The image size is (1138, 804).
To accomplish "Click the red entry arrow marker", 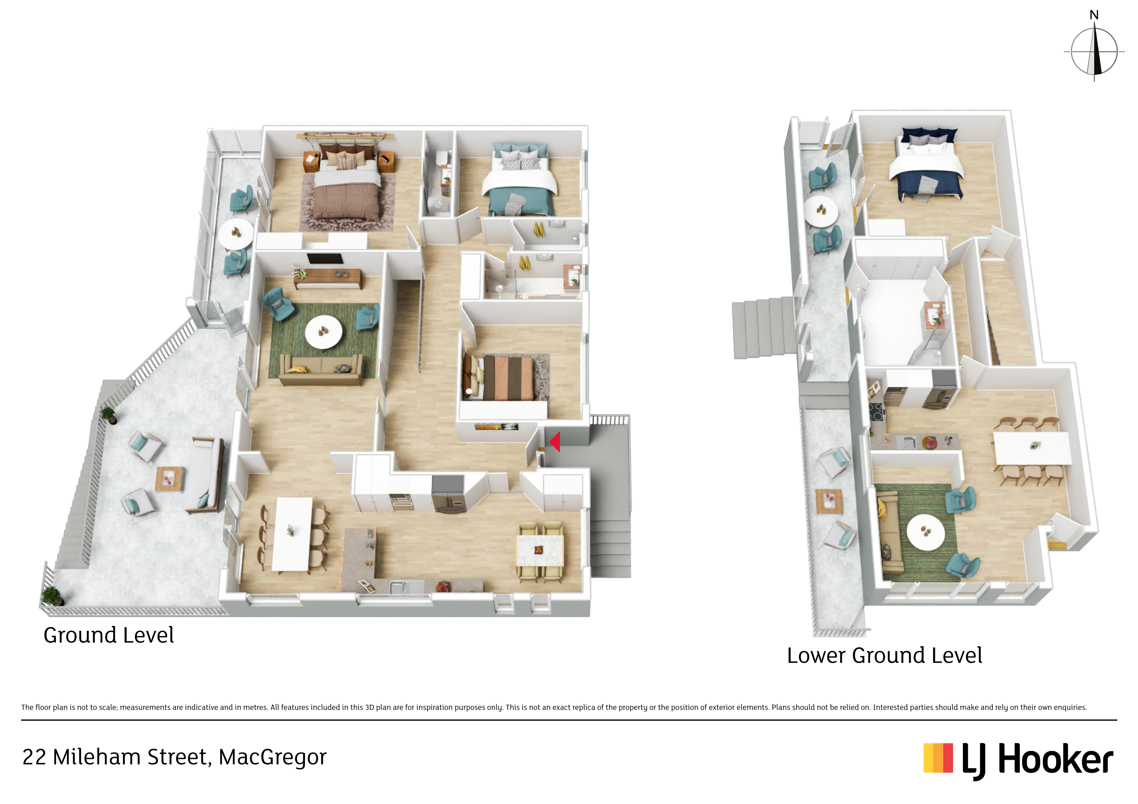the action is pos(555,441).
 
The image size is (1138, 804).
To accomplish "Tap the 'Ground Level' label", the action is pos(109,635).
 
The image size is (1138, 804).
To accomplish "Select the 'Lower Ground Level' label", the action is pos(884,656).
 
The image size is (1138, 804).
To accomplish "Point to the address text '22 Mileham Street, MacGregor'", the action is pos(175,757).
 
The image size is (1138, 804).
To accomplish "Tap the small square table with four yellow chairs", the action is pos(540,550).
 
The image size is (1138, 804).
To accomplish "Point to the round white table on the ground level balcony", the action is pos(236,234).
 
